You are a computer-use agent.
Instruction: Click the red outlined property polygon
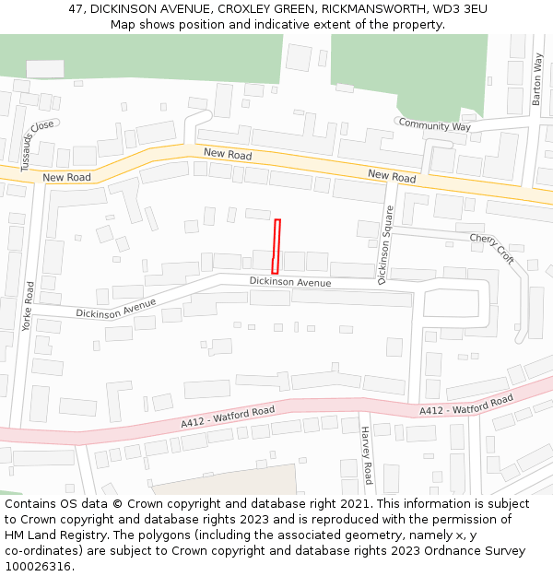coord(276,246)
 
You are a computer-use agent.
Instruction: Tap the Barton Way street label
coord(537,79)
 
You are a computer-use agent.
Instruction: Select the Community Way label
coord(434,125)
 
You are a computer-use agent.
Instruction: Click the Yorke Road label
coord(28,306)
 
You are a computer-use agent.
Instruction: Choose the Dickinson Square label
coord(386,245)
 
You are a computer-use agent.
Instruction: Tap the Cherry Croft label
coord(491,248)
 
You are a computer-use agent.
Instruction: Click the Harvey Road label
coord(367,455)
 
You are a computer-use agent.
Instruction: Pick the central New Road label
coord(228,155)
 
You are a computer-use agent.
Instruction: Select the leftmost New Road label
coord(66,177)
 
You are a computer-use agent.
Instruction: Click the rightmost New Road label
coord(392,175)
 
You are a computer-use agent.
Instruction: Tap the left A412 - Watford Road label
coord(228,417)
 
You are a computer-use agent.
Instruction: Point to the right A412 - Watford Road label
coord(466,406)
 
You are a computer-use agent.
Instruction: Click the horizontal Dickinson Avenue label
coord(289,282)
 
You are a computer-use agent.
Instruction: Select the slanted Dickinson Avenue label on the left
coord(115,308)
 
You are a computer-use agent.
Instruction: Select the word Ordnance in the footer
coord(422,550)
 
